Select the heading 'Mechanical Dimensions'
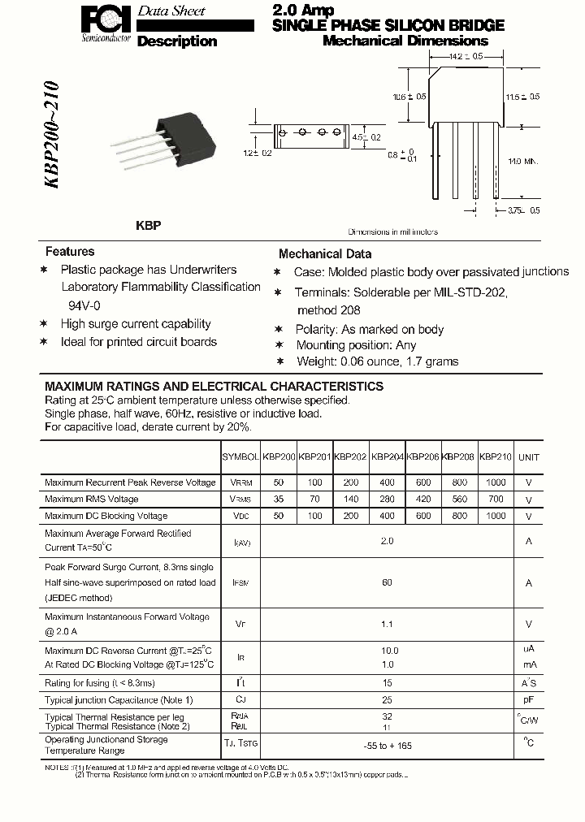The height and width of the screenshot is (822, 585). pos(405,41)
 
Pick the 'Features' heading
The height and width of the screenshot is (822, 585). pos(70,252)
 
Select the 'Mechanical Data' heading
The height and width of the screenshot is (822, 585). pos(325,253)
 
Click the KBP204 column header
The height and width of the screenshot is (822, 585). pos(387,457)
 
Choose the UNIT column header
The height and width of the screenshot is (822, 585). pos(529,457)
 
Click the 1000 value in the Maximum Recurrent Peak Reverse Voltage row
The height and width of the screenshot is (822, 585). pos(494,482)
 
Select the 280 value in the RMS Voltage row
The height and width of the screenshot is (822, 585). pos(387,500)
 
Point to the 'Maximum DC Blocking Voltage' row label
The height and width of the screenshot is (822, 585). pos(106,516)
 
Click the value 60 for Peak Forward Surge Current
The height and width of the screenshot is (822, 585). pos(387,582)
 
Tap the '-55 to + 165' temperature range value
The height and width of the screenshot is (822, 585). pos(387,745)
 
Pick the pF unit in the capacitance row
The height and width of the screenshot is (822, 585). pos(529,699)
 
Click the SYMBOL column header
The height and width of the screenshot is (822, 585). pos(240,457)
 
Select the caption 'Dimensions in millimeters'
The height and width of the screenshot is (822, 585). pos(393,231)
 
